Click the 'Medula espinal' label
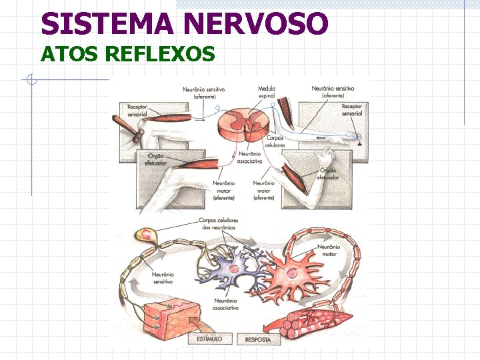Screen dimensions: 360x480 click(266, 92)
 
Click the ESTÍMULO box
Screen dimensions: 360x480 click(209, 339)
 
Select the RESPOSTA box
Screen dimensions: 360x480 click(257, 339)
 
